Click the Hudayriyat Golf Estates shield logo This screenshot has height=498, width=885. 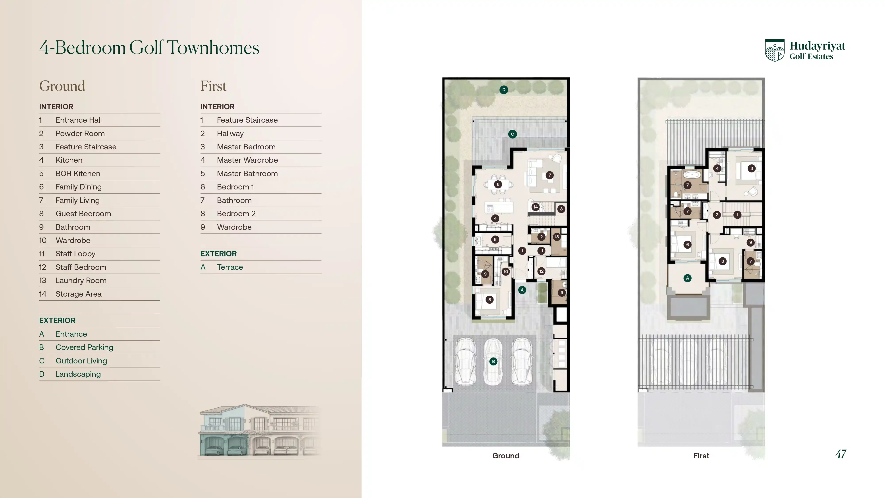(x=775, y=50)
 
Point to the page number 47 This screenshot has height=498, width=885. (x=841, y=454)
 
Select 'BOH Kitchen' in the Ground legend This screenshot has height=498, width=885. (x=78, y=174)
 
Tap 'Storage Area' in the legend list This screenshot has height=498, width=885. (x=79, y=294)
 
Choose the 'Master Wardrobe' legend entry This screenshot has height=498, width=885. (x=247, y=160)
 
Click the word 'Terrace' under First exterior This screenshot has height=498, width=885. (x=230, y=267)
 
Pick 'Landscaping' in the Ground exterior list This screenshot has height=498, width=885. (x=78, y=374)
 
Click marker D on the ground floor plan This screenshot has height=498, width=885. (x=504, y=90)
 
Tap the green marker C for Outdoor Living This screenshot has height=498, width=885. (x=512, y=134)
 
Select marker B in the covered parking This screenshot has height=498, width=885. (x=493, y=361)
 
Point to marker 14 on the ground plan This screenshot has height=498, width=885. (x=535, y=207)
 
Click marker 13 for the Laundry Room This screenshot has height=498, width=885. (x=557, y=237)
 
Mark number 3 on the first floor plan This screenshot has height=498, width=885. (x=751, y=168)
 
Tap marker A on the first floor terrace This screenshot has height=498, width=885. (x=687, y=278)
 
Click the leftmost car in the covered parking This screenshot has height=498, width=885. (x=466, y=361)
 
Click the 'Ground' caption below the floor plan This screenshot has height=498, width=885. (x=506, y=456)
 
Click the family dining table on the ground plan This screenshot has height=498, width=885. (x=498, y=184)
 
